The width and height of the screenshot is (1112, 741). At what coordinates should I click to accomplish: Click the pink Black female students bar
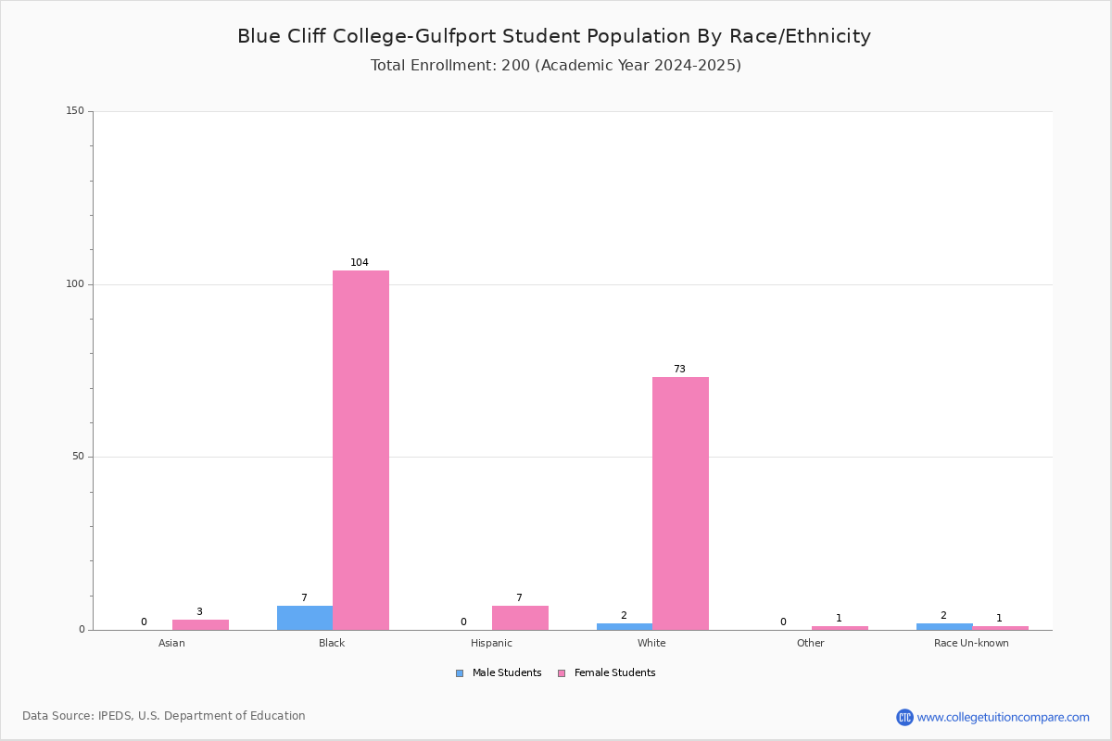pyautogui.click(x=360, y=450)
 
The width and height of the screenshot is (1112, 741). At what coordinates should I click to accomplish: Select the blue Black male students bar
pyautogui.click(x=305, y=618)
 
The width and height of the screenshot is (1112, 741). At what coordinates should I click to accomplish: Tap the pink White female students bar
pyautogui.click(x=680, y=504)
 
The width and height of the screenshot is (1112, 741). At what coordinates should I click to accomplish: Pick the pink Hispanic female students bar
pyautogui.click(x=520, y=618)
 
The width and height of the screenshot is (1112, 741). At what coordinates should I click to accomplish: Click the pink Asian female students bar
pyautogui.click(x=200, y=625)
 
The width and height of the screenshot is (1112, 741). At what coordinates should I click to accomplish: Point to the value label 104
pyautogui.click(x=360, y=262)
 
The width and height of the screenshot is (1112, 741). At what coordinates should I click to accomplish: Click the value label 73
pyautogui.click(x=679, y=369)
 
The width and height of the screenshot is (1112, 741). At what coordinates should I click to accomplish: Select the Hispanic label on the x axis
pyautogui.click(x=491, y=643)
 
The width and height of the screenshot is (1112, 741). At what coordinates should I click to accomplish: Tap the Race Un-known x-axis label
pyautogui.click(x=971, y=643)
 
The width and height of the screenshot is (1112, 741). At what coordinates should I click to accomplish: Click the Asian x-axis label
pyautogui.click(x=171, y=643)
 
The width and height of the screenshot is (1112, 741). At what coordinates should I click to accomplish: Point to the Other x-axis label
pyautogui.click(x=811, y=643)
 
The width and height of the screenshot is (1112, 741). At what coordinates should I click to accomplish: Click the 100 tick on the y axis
pyautogui.click(x=75, y=283)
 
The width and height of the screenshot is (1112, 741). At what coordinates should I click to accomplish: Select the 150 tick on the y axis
pyautogui.click(x=75, y=110)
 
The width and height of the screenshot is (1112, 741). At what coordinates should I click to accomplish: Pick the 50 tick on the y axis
pyautogui.click(x=78, y=457)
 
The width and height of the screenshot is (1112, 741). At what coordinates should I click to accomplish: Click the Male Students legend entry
pyautogui.click(x=499, y=673)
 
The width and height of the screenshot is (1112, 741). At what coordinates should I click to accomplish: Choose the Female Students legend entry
pyautogui.click(x=607, y=673)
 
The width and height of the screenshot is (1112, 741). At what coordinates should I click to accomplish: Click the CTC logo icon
pyautogui.click(x=904, y=717)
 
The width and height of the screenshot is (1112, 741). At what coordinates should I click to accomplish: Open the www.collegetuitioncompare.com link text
pyautogui.click(x=1004, y=718)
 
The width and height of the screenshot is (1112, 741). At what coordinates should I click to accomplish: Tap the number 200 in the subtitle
pyautogui.click(x=516, y=66)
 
